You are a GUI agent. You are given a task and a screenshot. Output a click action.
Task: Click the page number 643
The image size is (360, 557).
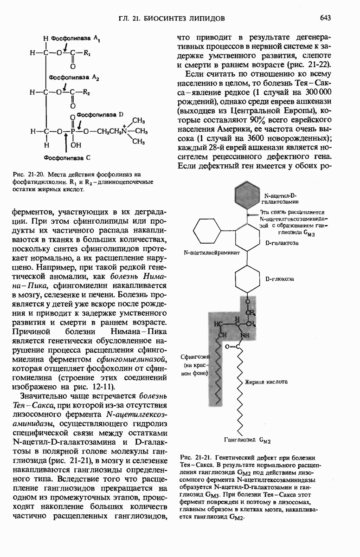click(325, 18)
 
